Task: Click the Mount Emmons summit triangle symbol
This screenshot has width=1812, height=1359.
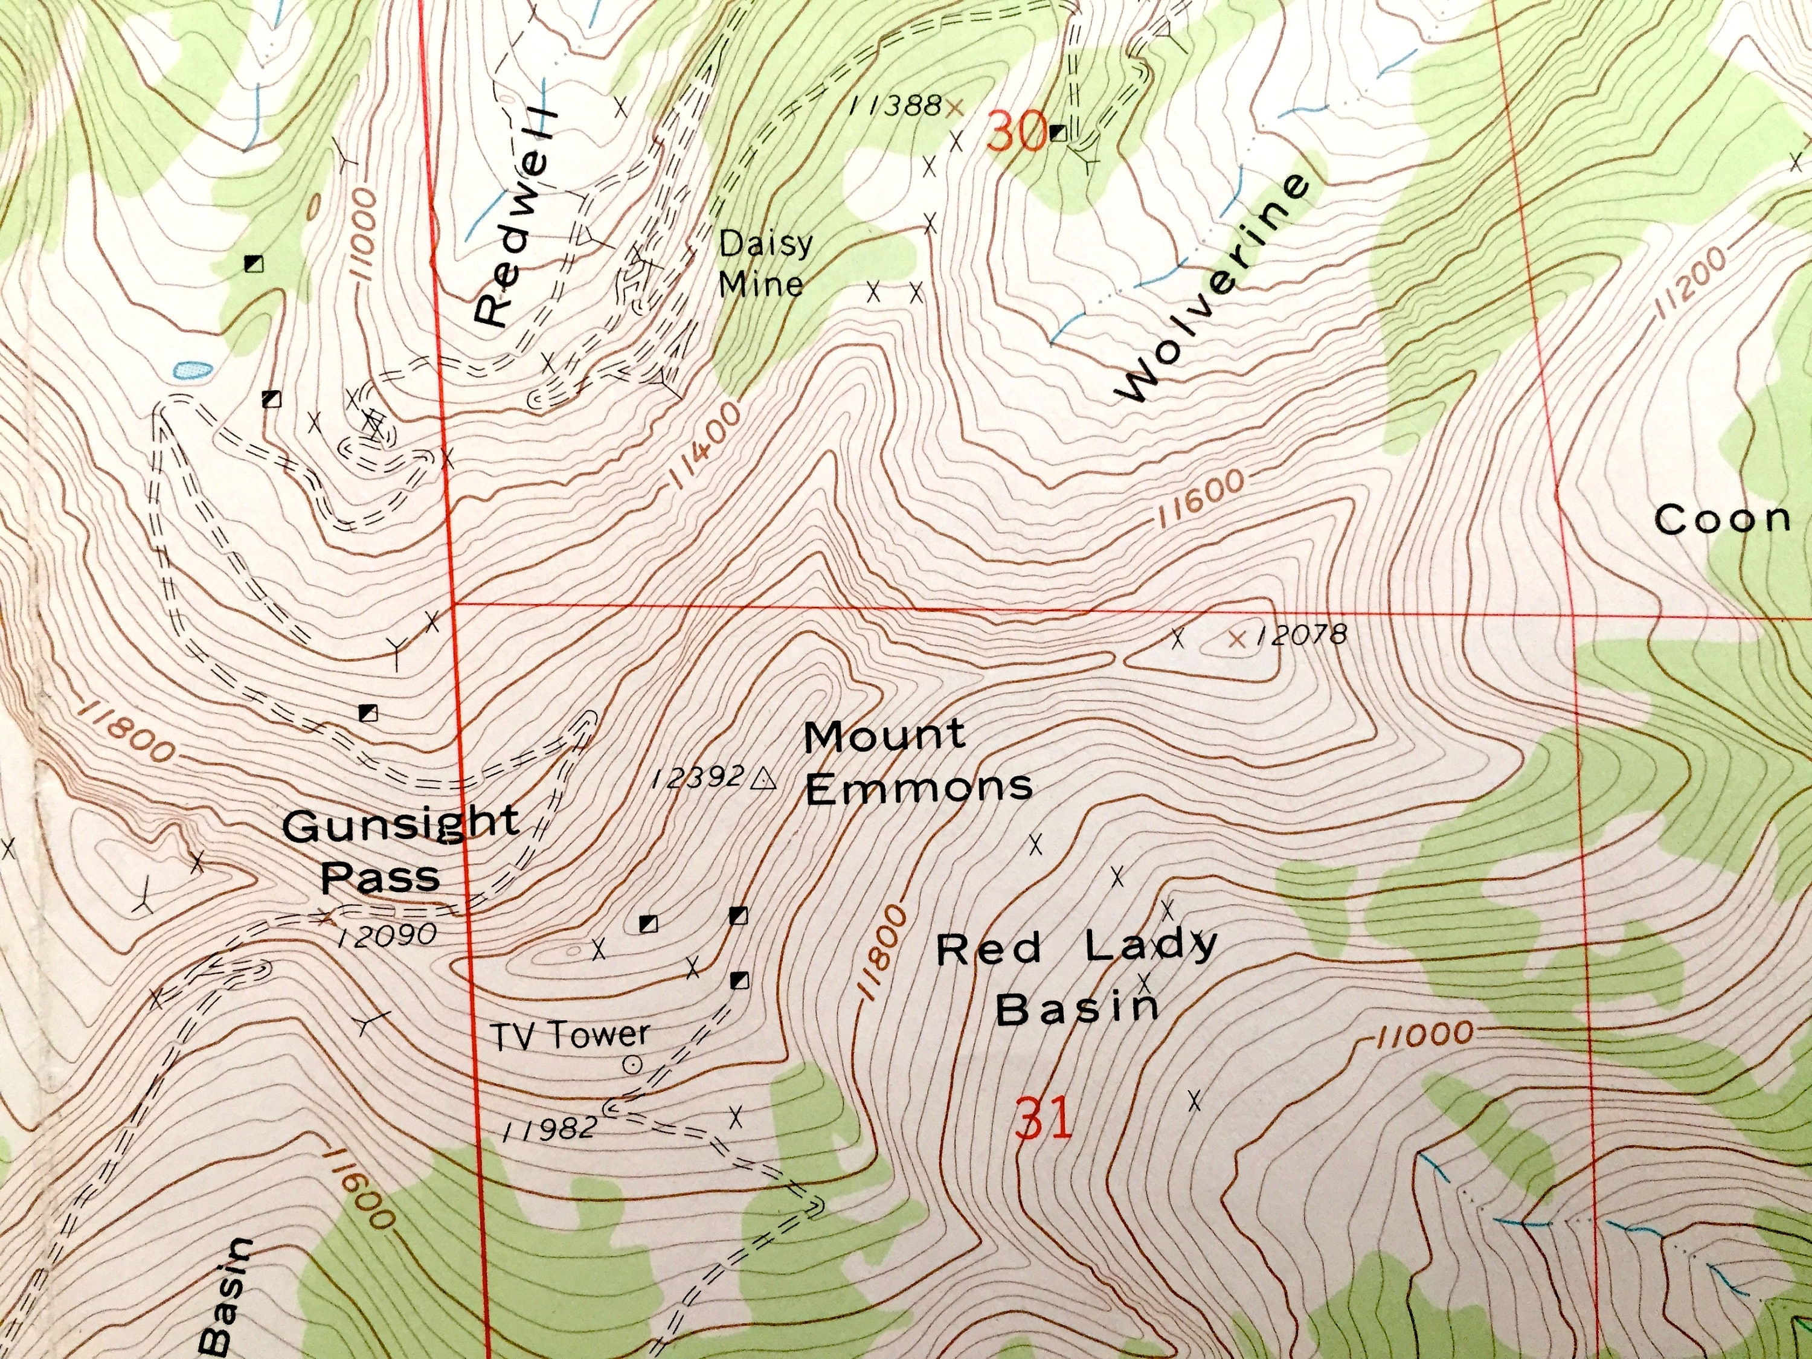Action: click(x=763, y=777)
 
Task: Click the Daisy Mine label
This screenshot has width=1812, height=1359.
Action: click(x=761, y=263)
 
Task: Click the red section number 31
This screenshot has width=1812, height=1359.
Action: click(x=1043, y=1120)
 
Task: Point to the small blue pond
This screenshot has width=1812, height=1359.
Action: click(x=191, y=370)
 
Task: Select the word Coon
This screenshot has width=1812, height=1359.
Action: click(x=1722, y=519)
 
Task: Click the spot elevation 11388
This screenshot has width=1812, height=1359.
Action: click(x=895, y=105)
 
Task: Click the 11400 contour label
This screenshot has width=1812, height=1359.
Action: click(x=705, y=446)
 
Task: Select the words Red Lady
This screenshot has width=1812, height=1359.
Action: click(x=1076, y=947)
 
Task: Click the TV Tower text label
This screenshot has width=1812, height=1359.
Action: click(x=570, y=1035)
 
